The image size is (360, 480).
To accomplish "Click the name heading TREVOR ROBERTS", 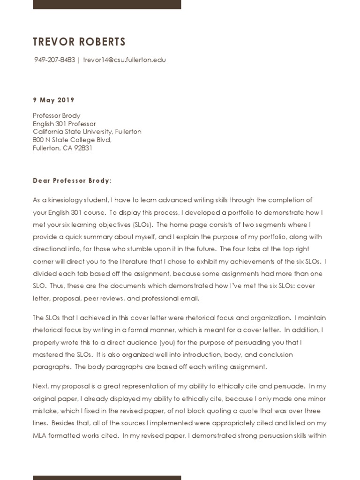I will [79, 42].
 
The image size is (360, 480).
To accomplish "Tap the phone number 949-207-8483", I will [55, 60].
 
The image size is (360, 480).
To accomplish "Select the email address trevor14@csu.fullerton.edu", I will [124, 60].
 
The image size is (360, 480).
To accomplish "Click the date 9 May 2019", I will [53, 100].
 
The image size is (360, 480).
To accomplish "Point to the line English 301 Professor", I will [64, 124].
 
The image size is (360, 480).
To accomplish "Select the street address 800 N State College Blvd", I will [72, 140].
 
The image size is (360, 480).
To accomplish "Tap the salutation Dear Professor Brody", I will [72, 180].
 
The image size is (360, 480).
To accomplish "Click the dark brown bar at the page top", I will [107, 4].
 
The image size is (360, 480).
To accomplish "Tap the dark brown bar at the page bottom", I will [107, 477].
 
